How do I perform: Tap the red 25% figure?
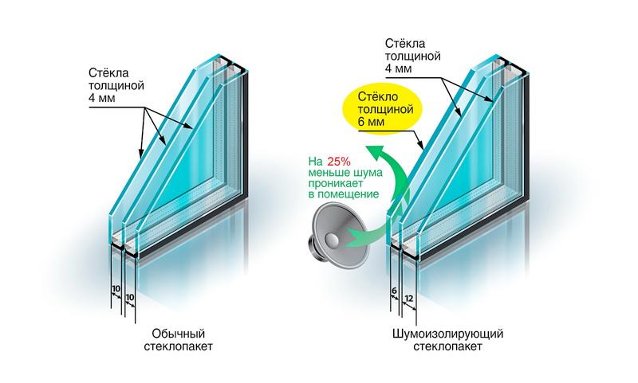(x=338, y=161)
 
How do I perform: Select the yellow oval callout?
(x=384, y=109)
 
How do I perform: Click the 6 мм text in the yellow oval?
(x=370, y=122)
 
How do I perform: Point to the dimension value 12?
(x=409, y=299)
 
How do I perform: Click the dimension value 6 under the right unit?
(x=393, y=291)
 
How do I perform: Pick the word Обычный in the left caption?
(x=178, y=334)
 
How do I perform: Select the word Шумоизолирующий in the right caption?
(x=448, y=334)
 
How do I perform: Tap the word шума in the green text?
(x=368, y=173)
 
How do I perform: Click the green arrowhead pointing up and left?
(x=373, y=151)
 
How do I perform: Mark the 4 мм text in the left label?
(x=102, y=98)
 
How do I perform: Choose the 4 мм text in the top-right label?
(x=398, y=68)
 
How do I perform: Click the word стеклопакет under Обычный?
(x=179, y=347)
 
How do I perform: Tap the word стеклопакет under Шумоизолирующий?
(x=448, y=347)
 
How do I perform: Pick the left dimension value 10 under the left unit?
(x=116, y=289)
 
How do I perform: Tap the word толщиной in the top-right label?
(x=412, y=56)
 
